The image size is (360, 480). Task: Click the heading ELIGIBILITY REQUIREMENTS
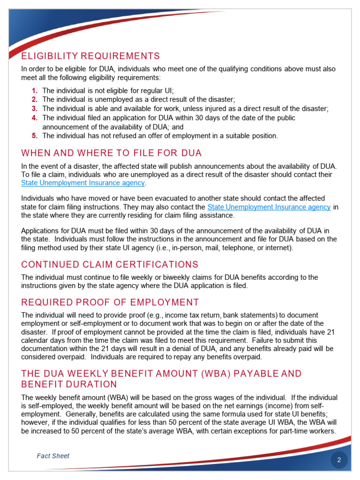coord(90,56)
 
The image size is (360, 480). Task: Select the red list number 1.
coord(34,91)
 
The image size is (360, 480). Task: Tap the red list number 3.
coord(34,109)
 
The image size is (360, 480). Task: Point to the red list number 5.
coord(34,136)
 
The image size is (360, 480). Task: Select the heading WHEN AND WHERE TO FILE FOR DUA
coord(112,153)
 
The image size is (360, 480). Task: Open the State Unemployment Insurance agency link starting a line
coord(83,183)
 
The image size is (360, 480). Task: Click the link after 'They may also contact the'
coord(269,207)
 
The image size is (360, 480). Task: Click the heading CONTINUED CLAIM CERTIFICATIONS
coord(110,264)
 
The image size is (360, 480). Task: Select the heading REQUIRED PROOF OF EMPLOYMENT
coord(110,302)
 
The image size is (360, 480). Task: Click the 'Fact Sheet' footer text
coord(53,456)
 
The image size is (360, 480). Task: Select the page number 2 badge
coord(339,460)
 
